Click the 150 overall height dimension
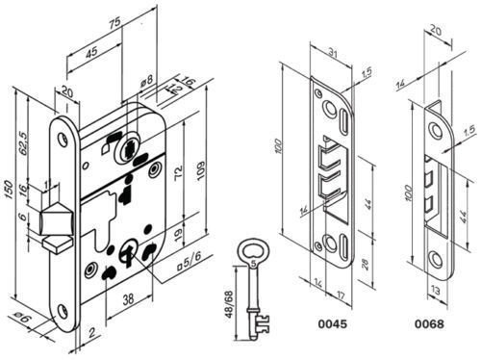click(9, 190)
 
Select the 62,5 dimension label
click(23, 142)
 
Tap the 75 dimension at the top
click(114, 22)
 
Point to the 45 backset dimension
click(91, 52)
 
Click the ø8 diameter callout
click(147, 80)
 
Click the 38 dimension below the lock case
click(128, 299)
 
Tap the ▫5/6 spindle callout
click(190, 262)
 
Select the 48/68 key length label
click(229, 304)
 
